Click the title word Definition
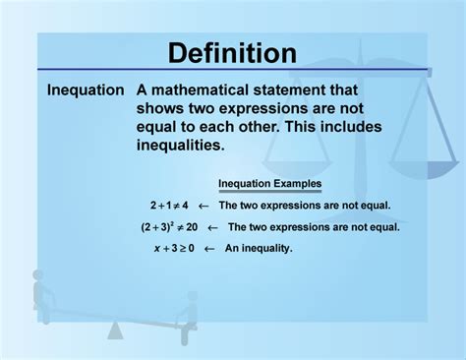[x=232, y=53]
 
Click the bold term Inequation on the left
[x=86, y=90]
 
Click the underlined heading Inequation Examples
[x=269, y=184]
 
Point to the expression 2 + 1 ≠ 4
[x=168, y=207]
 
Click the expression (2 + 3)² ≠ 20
[x=169, y=227]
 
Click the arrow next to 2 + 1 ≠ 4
[x=204, y=207]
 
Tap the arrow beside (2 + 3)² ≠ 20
[x=212, y=227]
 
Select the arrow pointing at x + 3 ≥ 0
[x=209, y=249]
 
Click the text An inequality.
[x=259, y=249]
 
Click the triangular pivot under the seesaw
[x=116, y=330]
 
